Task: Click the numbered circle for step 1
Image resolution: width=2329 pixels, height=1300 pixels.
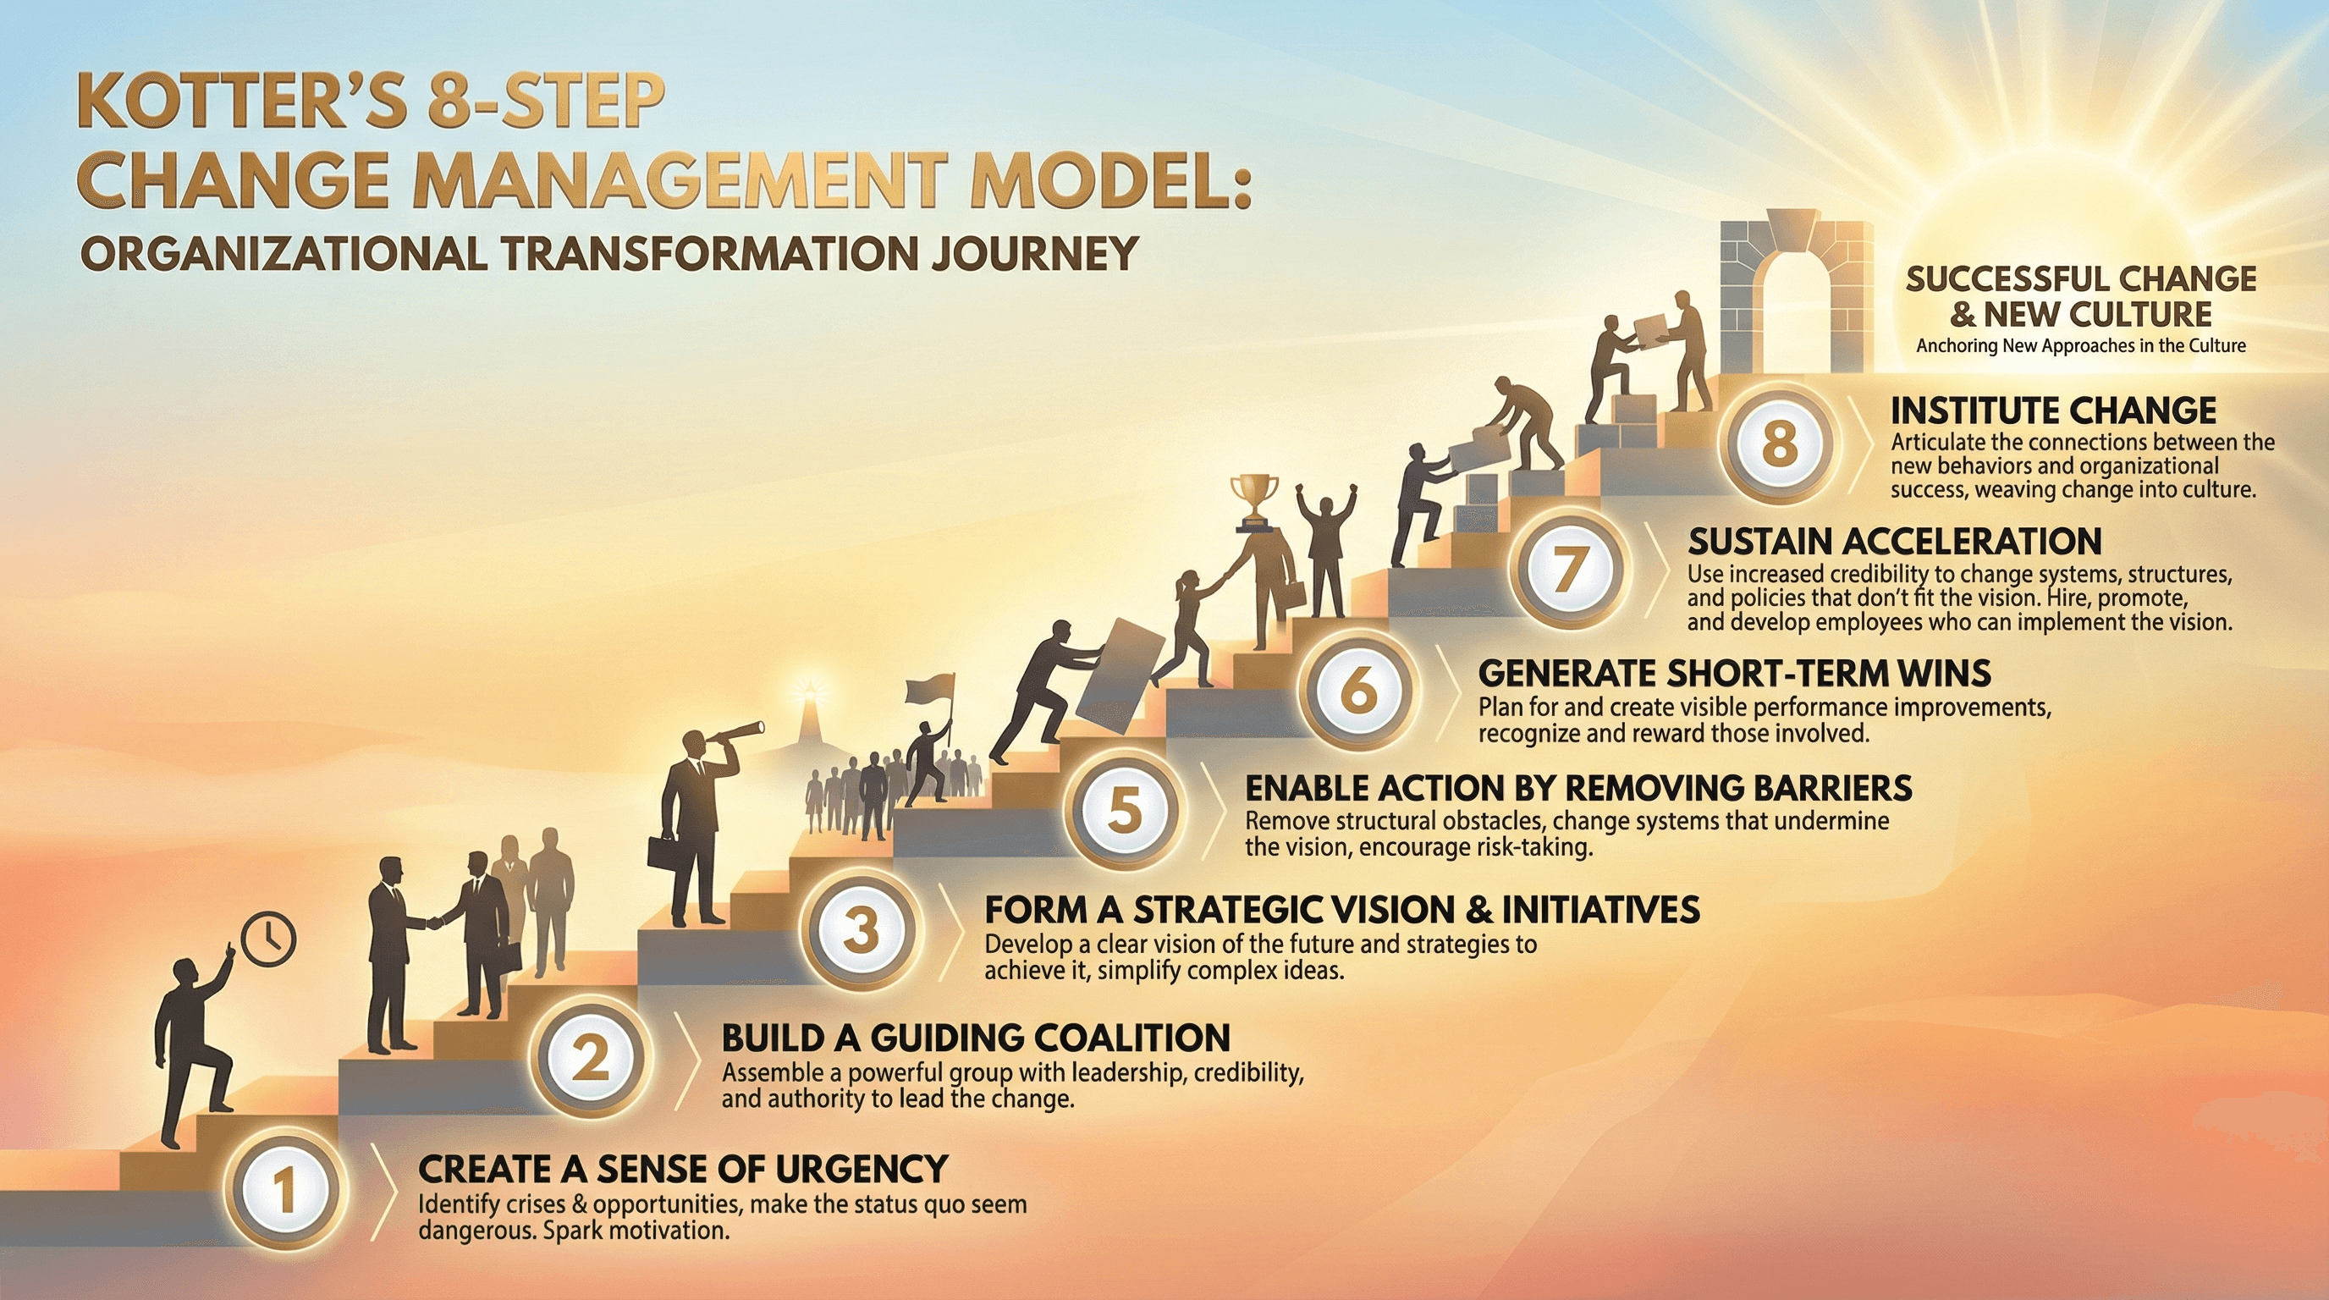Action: pos(285,1191)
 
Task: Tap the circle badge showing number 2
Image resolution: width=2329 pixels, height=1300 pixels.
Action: pos(592,1058)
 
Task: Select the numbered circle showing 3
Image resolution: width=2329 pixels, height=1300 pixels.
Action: pos(861,928)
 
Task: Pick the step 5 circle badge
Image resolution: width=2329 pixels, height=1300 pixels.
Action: pos(1125,807)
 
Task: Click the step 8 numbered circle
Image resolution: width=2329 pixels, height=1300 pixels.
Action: pos(1779,443)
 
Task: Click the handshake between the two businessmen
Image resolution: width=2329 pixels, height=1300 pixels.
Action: pos(436,923)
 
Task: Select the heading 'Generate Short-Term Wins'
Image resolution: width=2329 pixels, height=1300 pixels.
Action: pos(1734,674)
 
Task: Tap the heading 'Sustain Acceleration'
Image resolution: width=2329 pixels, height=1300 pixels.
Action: pos(1894,542)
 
